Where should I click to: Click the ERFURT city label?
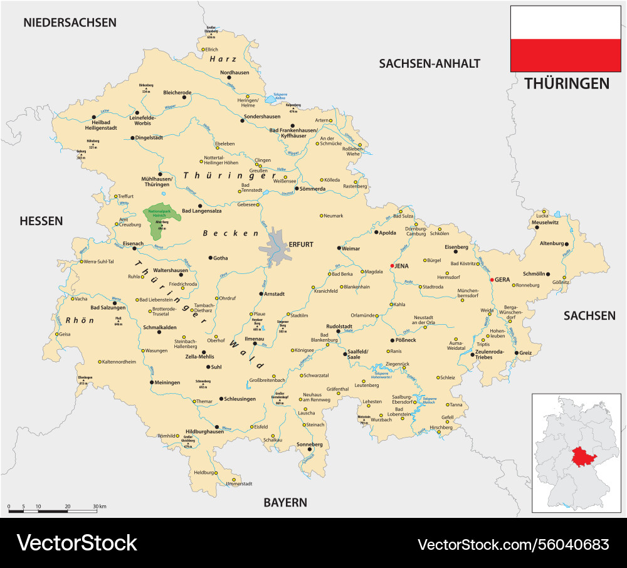pos(300,244)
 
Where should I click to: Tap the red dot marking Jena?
pos(393,266)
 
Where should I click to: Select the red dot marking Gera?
pos(492,279)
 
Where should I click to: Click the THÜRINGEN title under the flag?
pos(566,83)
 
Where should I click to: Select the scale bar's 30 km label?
pos(98,506)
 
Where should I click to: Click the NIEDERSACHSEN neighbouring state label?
pos(70,23)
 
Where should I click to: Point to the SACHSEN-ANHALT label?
pos(429,63)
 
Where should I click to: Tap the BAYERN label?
pos(285,502)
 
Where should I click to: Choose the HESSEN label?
pos(41,221)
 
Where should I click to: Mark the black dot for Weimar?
pos(340,248)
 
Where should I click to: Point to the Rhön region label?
pos(80,320)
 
